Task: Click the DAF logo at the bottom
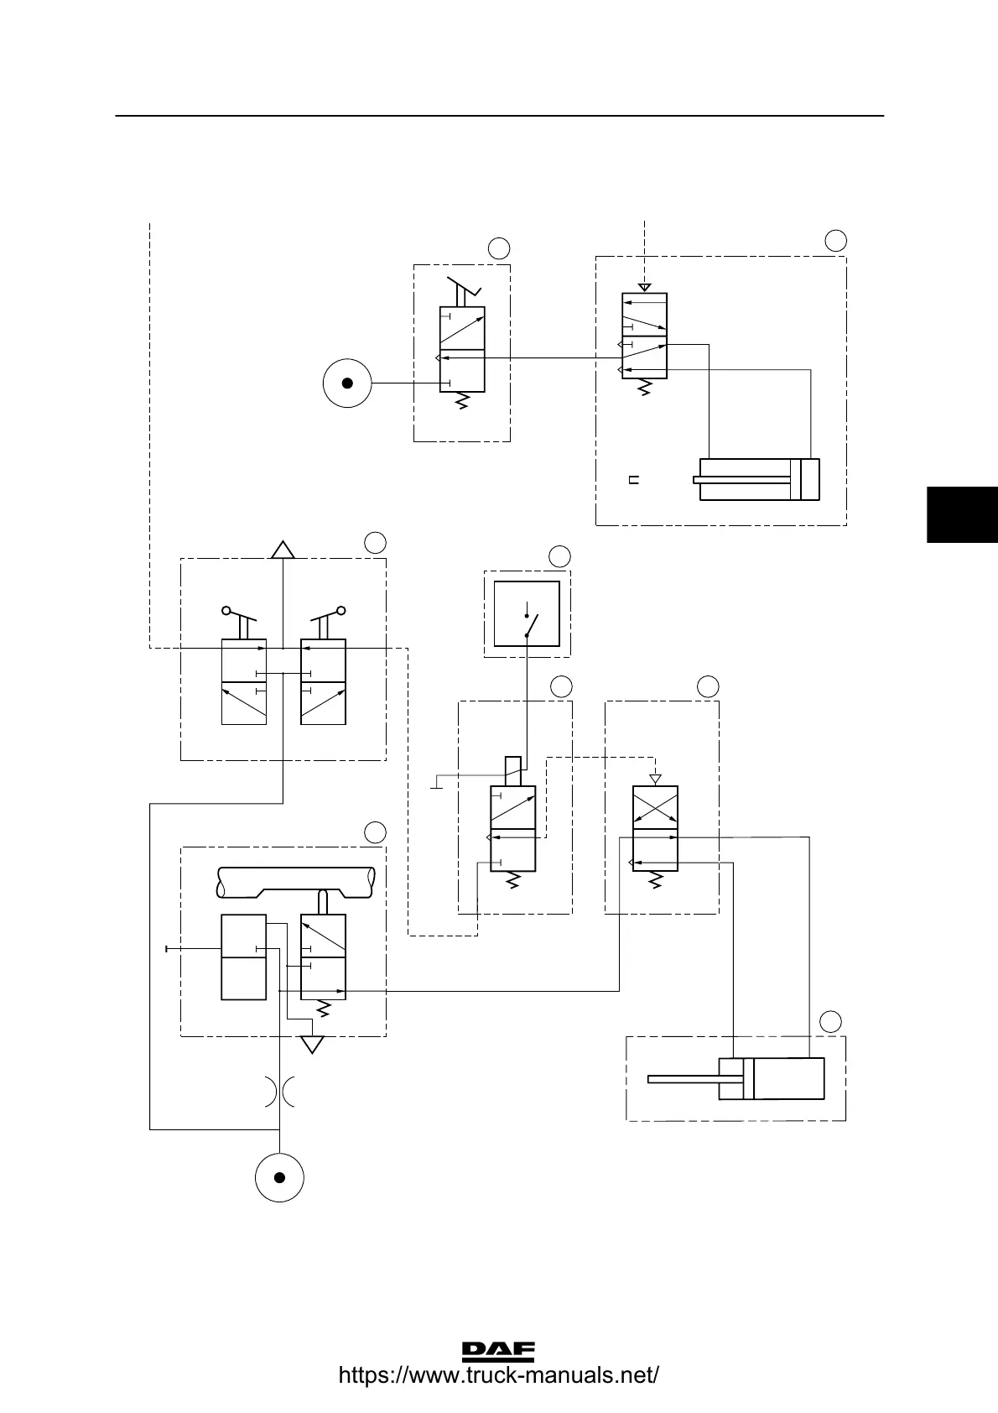(x=498, y=1350)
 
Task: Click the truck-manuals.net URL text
(x=498, y=1376)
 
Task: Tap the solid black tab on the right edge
(x=962, y=514)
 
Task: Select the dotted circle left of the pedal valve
(x=347, y=383)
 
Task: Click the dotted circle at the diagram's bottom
(x=279, y=1177)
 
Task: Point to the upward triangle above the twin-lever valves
(x=283, y=550)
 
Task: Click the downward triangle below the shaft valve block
(x=312, y=1045)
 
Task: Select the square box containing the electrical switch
(x=527, y=613)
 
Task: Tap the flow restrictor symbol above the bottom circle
(x=279, y=1092)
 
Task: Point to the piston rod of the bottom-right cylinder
(x=684, y=1079)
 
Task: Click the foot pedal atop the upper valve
(x=463, y=288)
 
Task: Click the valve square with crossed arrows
(x=654, y=807)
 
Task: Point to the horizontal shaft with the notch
(x=295, y=881)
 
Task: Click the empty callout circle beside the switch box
(x=559, y=555)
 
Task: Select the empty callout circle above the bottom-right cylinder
(x=830, y=1021)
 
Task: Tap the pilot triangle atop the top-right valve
(x=644, y=288)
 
